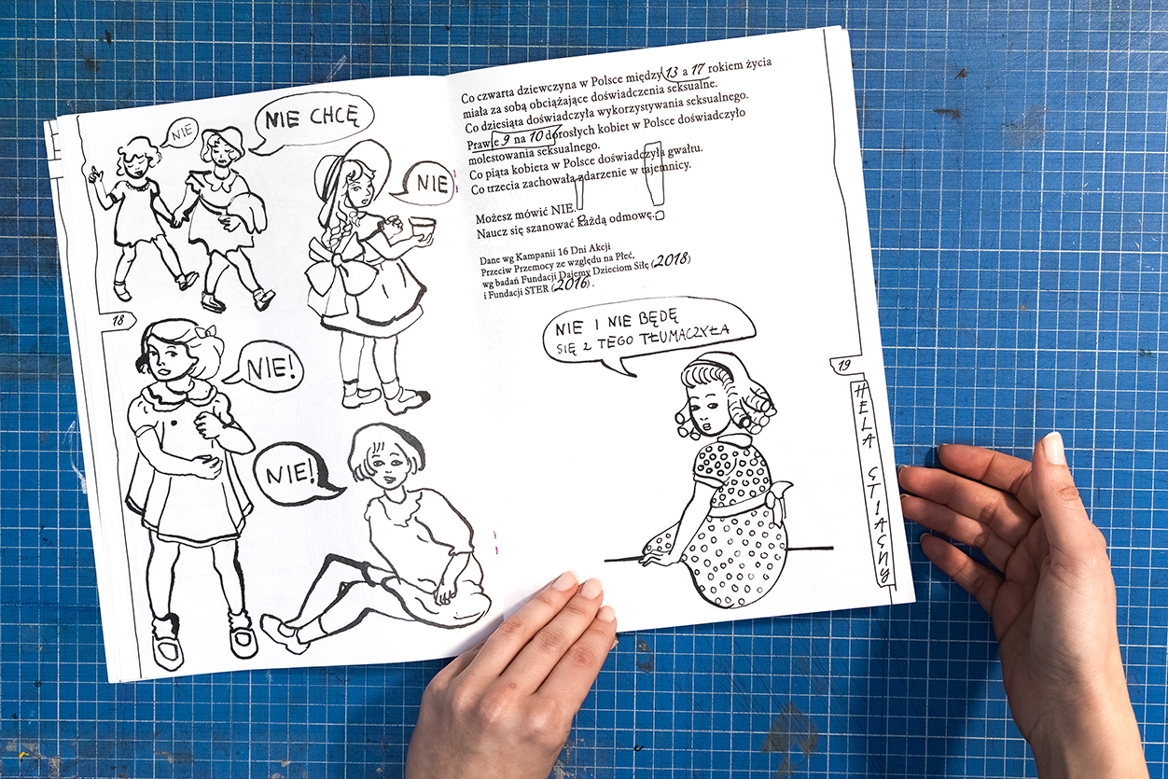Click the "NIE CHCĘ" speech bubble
tap(312, 121)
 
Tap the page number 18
tap(118, 320)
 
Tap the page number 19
tap(843, 365)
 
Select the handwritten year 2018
tap(672, 259)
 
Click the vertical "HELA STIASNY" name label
tap(871, 482)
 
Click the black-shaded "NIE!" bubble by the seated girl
tap(295, 474)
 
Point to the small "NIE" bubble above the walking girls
tap(180, 133)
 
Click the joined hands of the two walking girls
tap(176, 217)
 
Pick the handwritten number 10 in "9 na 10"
tap(536, 138)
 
